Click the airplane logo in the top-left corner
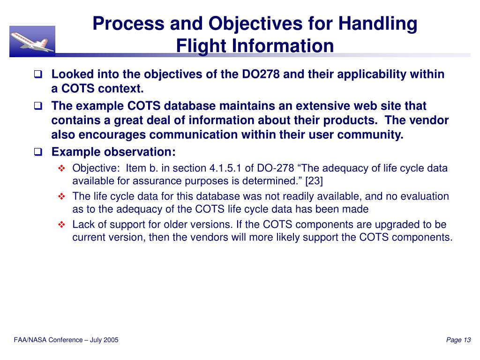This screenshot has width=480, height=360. pos(32,41)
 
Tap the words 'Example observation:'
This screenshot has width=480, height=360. pos(113,152)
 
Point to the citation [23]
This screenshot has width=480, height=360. pos(314,181)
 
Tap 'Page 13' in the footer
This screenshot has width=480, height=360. pos(458,340)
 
